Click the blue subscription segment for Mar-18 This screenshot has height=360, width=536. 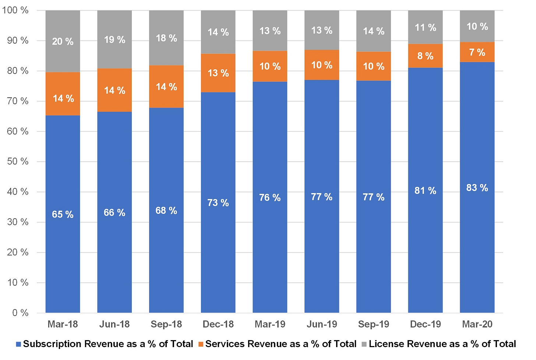pos(63,214)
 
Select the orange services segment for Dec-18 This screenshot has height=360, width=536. pos(218,73)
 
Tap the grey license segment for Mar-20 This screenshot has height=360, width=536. pos(477,26)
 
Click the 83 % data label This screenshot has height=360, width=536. pos(477,188)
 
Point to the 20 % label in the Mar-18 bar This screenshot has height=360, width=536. pos(63,42)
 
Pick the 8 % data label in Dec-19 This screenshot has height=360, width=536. pos(426,56)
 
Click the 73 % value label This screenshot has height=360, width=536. pos(218,203)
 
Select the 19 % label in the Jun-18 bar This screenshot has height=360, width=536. pos(114,40)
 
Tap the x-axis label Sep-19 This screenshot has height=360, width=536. pos(374,324)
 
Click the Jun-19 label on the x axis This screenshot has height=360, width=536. pos(322,324)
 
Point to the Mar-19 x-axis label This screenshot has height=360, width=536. pos(270,324)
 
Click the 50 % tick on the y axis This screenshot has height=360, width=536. pos(17,162)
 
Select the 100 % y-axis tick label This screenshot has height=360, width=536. pos(15,10)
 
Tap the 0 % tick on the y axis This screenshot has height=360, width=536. pos(20,313)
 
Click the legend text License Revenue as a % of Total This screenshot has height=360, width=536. pos(442,344)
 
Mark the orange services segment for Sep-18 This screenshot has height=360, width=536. pos(166,87)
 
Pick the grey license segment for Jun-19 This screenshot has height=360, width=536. pos(322,30)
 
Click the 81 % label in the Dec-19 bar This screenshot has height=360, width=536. pos(426,191)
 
